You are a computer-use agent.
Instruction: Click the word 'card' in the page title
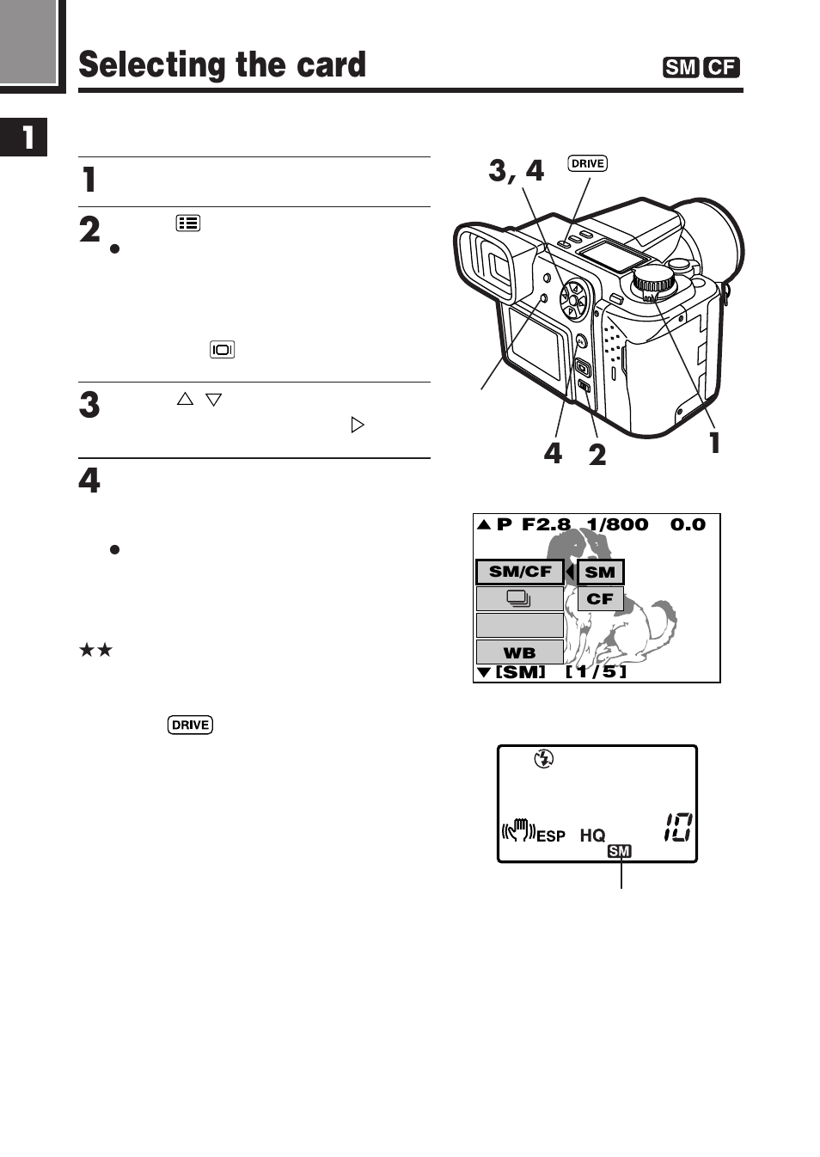tap(331, 65)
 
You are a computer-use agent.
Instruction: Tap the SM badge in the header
tap(680, 67)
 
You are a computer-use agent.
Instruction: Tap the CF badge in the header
tap(721, 67)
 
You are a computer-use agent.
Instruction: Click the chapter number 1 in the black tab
tap(27, 137)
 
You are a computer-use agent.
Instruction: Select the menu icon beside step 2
tap(188, 223)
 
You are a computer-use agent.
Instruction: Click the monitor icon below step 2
tap(222, 349)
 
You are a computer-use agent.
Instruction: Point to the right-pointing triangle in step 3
tap(358, 425)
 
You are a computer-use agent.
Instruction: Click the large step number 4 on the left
tap(89, 480)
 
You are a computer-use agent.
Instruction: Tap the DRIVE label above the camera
tap(587, 163)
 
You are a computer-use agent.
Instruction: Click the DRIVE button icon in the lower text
tap(190, 725)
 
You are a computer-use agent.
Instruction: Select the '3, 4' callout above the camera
tap(516, 170)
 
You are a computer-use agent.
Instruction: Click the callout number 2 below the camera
tap(597, 454)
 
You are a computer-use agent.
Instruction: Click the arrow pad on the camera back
tap(573, 300)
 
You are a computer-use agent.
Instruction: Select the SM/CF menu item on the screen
tap(520, 572)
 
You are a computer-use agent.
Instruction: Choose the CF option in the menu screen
tap(600, 599)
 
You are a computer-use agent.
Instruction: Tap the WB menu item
tap(519, 652)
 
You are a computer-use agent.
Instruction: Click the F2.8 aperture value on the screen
tap(546, 524)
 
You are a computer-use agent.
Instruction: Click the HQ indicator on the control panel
tap(592, 835)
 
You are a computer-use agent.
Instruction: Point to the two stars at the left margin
tap(95, 650)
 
